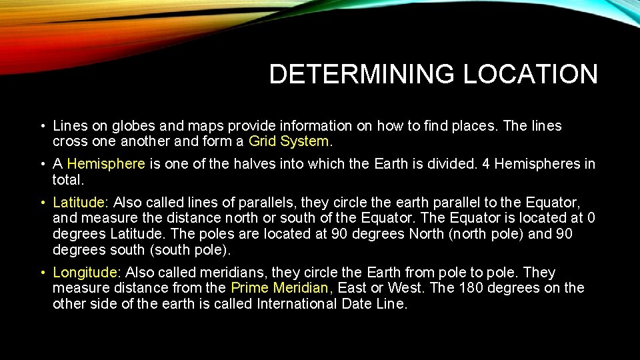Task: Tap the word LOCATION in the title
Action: click(530, 74)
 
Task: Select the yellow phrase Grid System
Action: click(289, 141)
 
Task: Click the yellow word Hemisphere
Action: click(106, 164)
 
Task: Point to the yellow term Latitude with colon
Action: click(79, 202)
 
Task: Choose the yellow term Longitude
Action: click(86, 273)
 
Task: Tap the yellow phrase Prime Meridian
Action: click(280, 288)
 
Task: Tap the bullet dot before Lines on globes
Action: click(41, 126)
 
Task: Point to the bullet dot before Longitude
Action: click(41, 273)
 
